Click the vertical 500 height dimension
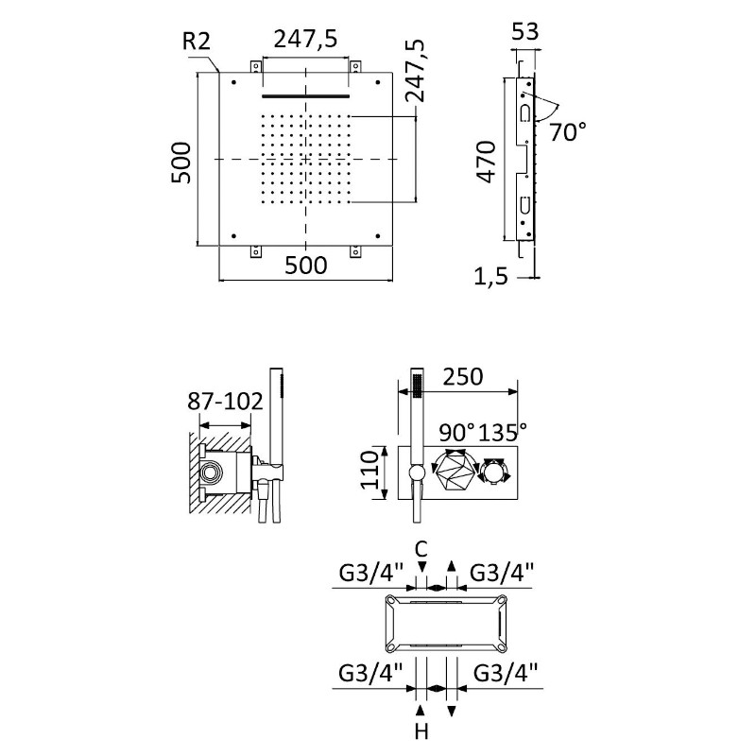182,162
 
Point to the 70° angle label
568,132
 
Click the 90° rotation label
456,432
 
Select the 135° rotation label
503,432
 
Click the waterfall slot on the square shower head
305,95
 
